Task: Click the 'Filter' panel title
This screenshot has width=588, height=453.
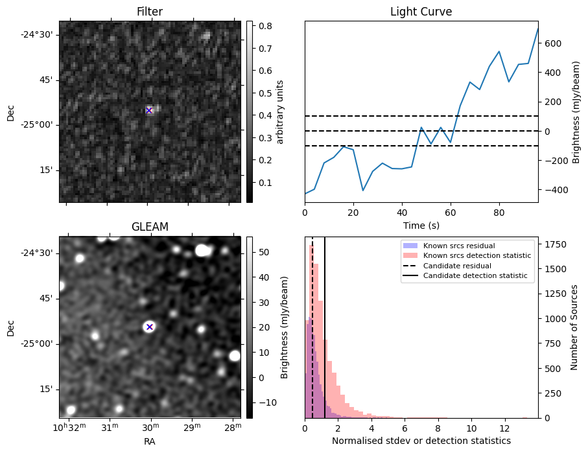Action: coord(149,12)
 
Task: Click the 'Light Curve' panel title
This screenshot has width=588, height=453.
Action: coord(421,12)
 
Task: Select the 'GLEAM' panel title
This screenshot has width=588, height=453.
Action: coord(149,227)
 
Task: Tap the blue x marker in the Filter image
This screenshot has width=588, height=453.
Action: coord(149,110)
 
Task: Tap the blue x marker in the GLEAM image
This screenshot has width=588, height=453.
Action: coord(149,327)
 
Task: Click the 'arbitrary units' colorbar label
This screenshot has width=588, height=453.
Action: coord(281,111)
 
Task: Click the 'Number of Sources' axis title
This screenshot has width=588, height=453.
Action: coord(574,327)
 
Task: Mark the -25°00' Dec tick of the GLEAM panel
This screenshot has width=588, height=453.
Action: coord(38,344)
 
